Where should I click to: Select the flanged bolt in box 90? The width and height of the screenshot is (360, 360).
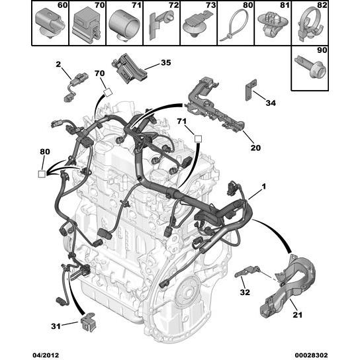[310, 67]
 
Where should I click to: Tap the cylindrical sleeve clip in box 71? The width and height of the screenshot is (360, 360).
[124, 24]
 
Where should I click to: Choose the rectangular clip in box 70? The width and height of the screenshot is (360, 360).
[87, 26]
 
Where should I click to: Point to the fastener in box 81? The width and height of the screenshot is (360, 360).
[273, 24]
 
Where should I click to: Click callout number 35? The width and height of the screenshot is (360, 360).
[165, 62]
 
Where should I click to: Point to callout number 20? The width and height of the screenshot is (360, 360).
[255, 148]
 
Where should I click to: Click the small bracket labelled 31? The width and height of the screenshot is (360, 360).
[89, 322]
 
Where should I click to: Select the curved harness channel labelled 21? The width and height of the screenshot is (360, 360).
[290, 287]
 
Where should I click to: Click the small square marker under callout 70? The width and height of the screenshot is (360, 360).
[108, 93]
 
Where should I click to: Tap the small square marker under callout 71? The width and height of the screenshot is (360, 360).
[198, 139]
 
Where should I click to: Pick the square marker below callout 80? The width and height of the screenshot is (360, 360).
[42, 174]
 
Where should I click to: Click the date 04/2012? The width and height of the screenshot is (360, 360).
[46, 355]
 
